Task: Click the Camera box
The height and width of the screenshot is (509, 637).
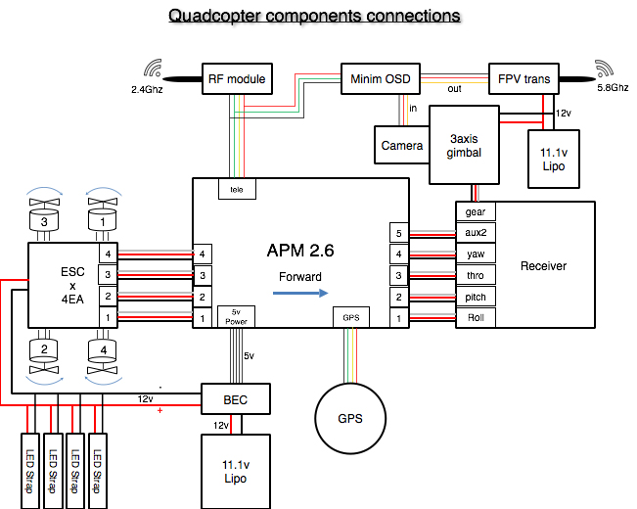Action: point(401,145)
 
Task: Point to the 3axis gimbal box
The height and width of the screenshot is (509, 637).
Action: point(464,145)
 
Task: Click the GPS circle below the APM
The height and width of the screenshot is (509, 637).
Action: point(349,418)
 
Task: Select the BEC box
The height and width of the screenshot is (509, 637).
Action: point(234,399)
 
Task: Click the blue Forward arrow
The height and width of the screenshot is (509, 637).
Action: point(299,292)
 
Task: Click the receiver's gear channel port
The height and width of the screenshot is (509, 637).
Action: point(476,211)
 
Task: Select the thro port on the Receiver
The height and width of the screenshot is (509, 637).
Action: point(476,275)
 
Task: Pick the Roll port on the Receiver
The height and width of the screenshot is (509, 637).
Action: point(476,317)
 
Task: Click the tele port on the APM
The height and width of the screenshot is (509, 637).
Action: point(236,189)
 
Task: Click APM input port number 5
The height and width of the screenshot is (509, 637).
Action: point(397,233)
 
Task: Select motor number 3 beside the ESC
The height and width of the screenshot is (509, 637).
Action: point(44,222)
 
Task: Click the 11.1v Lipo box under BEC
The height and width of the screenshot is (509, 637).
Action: point(234,470)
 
